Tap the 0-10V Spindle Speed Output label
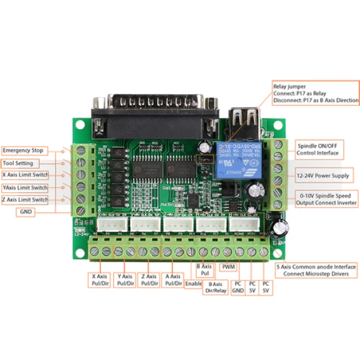(326, 199)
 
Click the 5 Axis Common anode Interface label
(316, 270)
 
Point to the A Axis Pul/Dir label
(173, 280)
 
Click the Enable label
(193, 283)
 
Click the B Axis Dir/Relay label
(214, 288)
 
